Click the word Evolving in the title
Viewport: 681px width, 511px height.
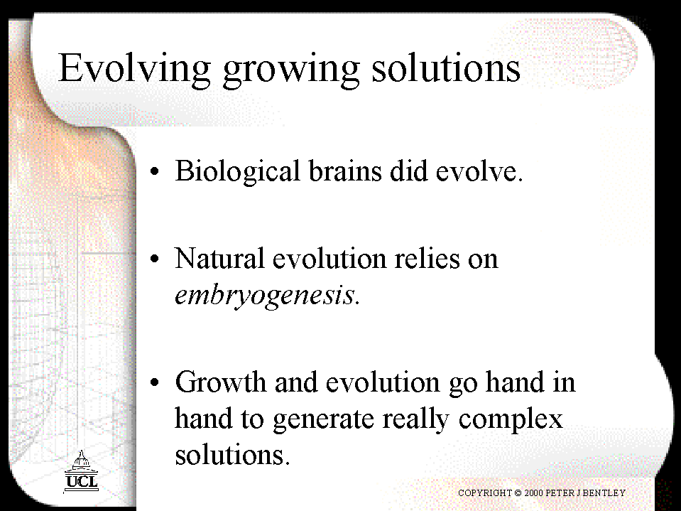(x=134, y=70)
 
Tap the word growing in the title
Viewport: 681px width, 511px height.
(x=291, y=70)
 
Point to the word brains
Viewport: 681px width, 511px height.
(x=345, y=171)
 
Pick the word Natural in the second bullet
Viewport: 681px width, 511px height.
(x=219, y=258)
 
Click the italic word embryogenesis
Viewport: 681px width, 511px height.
(x=265, y=296)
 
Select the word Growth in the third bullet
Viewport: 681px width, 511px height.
(x=220, y=382)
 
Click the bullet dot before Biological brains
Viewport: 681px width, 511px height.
(x=155, y=171)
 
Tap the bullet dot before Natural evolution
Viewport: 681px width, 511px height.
(x=155, y=259)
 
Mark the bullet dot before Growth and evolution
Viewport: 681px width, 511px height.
(x=155, y=382)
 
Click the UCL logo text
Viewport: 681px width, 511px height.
(x=82, y=481)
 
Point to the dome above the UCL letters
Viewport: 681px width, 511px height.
(x=81, y=459)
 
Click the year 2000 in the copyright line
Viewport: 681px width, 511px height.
(x=534, y=493)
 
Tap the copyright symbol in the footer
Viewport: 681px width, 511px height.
(x=518, y=493)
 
